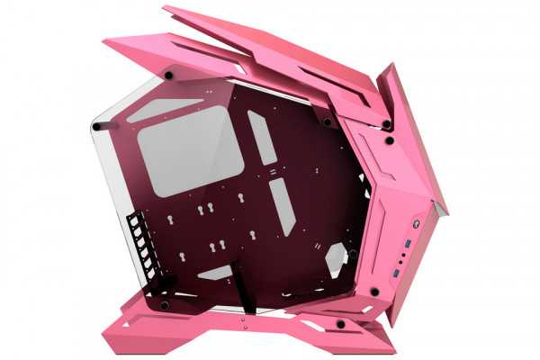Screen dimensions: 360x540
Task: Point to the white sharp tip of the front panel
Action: [x=439, y=209]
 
